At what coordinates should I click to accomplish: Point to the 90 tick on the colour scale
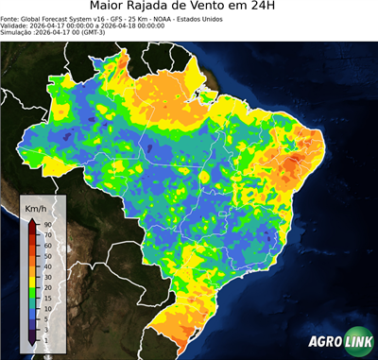pos(46,224)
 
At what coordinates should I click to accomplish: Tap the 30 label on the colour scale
pos(46,274)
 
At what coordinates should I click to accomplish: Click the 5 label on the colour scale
pos(45,318)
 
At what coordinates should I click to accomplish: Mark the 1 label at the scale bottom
pos(45,338)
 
